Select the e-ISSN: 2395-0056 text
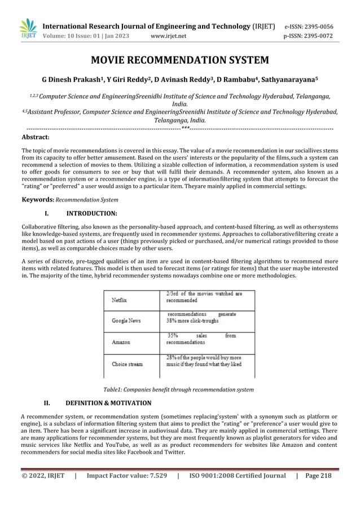pyautogui.click(x=308, y=27)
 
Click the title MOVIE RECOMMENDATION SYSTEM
pyautogui.click(x=180, y=60)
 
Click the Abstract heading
pyautogui.click(x=35, y=137)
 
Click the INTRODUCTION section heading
pyautogui.click(x=91, y=214)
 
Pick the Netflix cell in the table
pyautogui.click(x=119, y=300)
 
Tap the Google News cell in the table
pyautogui.click(x=126, y=321)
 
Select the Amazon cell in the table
pyautogui.click(x=121, y=342)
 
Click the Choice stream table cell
pyautogui.click(x=127, y=365)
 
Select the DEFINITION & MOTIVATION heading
pyautogui.click(x=108, y=403)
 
